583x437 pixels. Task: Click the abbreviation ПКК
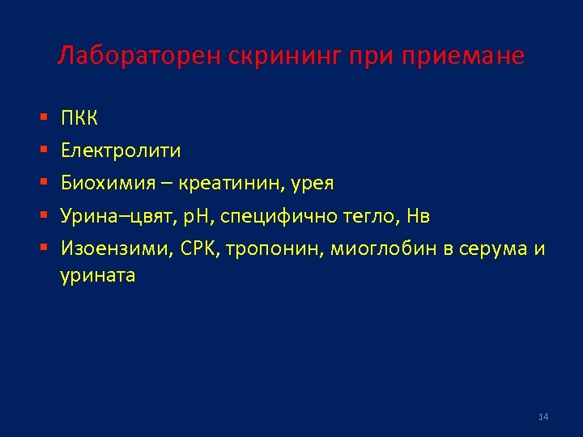[x=79, y=119]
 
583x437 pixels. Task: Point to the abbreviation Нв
[x=419, y=216]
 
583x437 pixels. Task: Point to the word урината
[x=98, y=276]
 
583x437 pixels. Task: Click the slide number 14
[x=543, y=417]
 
